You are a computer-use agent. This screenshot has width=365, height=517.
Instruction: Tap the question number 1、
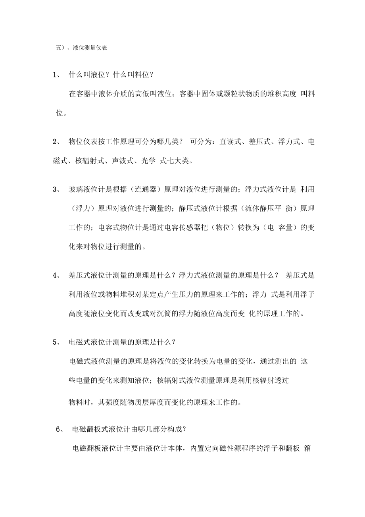(x=57, y=74)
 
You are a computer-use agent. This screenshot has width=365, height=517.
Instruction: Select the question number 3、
(x=57, y=189)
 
